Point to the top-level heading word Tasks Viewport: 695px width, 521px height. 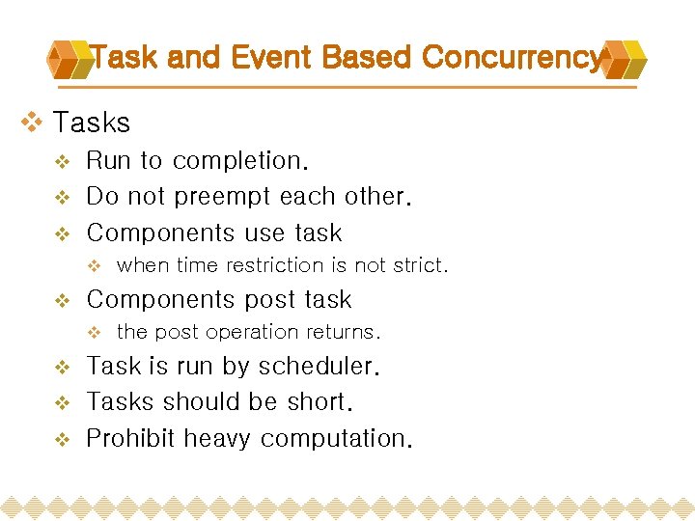click(x=92, y=123)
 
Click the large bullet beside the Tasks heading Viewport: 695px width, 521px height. click(x=32, y=123)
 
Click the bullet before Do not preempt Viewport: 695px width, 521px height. click(x=62, y=198)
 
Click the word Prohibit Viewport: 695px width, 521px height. click(x=131, y=439)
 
